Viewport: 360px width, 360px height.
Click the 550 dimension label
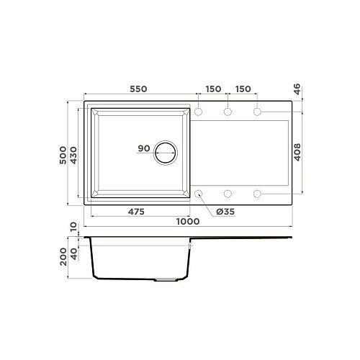(138, 89)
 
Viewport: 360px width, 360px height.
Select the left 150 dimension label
(213, 89)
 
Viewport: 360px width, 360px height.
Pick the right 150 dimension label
(243, 89)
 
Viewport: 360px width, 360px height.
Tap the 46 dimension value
(297, 89)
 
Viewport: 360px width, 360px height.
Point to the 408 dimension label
(297, 152)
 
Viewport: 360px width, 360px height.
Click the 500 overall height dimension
(63, 155)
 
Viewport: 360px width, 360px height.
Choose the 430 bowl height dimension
(73, 156)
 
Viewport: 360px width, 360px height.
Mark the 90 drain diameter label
(144, 148)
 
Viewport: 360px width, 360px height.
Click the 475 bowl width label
(136, 212)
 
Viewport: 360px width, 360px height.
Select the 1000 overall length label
(188, 222)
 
